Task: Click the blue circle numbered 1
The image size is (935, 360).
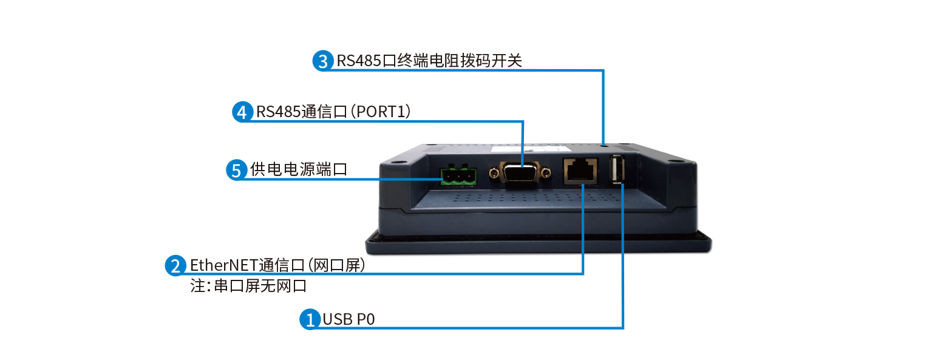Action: coord(310,319)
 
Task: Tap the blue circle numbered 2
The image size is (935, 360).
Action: coord(175,265)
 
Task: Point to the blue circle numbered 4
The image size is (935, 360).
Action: coord(242,112)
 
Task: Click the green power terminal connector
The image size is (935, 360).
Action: coord(458,175)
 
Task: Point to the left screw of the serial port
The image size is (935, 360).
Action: coord(494,174)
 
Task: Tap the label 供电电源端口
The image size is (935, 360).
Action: coord(299,169)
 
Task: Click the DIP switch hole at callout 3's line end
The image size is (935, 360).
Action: coord(603,144)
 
